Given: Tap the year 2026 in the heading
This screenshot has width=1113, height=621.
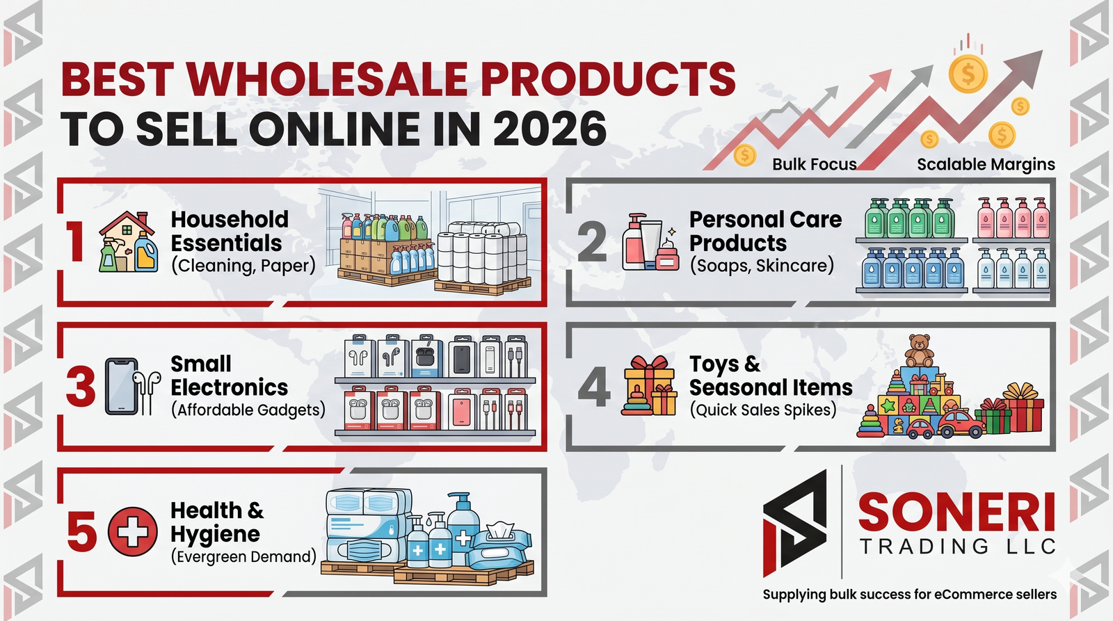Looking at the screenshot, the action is [550, 128].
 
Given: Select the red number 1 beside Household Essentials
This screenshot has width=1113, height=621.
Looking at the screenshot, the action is [76, 242].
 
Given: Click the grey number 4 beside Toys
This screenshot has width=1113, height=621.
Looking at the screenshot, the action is [594, 387].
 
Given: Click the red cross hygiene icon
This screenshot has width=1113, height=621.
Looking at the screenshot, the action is [133, 531].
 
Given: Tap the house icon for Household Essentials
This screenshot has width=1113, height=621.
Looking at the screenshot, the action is [128, 242].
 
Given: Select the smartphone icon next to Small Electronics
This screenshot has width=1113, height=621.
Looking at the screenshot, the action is [121, 387].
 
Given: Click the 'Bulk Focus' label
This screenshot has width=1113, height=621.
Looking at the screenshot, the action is [815, 164].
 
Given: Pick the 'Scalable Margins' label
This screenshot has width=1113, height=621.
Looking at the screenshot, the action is [986, 164].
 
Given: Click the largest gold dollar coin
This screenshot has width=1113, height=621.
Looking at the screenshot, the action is [968, 74].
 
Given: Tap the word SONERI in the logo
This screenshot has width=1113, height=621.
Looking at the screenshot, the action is [956, 513].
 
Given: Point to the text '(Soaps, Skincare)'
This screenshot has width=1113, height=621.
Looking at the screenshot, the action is [762, 265].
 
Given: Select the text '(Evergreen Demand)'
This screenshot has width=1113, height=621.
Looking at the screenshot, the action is [243, 556].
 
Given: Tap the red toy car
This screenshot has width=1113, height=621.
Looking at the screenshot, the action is [961, 424].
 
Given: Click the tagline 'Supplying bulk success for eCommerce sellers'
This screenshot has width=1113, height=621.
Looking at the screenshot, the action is [909, 594].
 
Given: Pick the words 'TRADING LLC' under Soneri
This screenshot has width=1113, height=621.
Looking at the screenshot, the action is [957, 547].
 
